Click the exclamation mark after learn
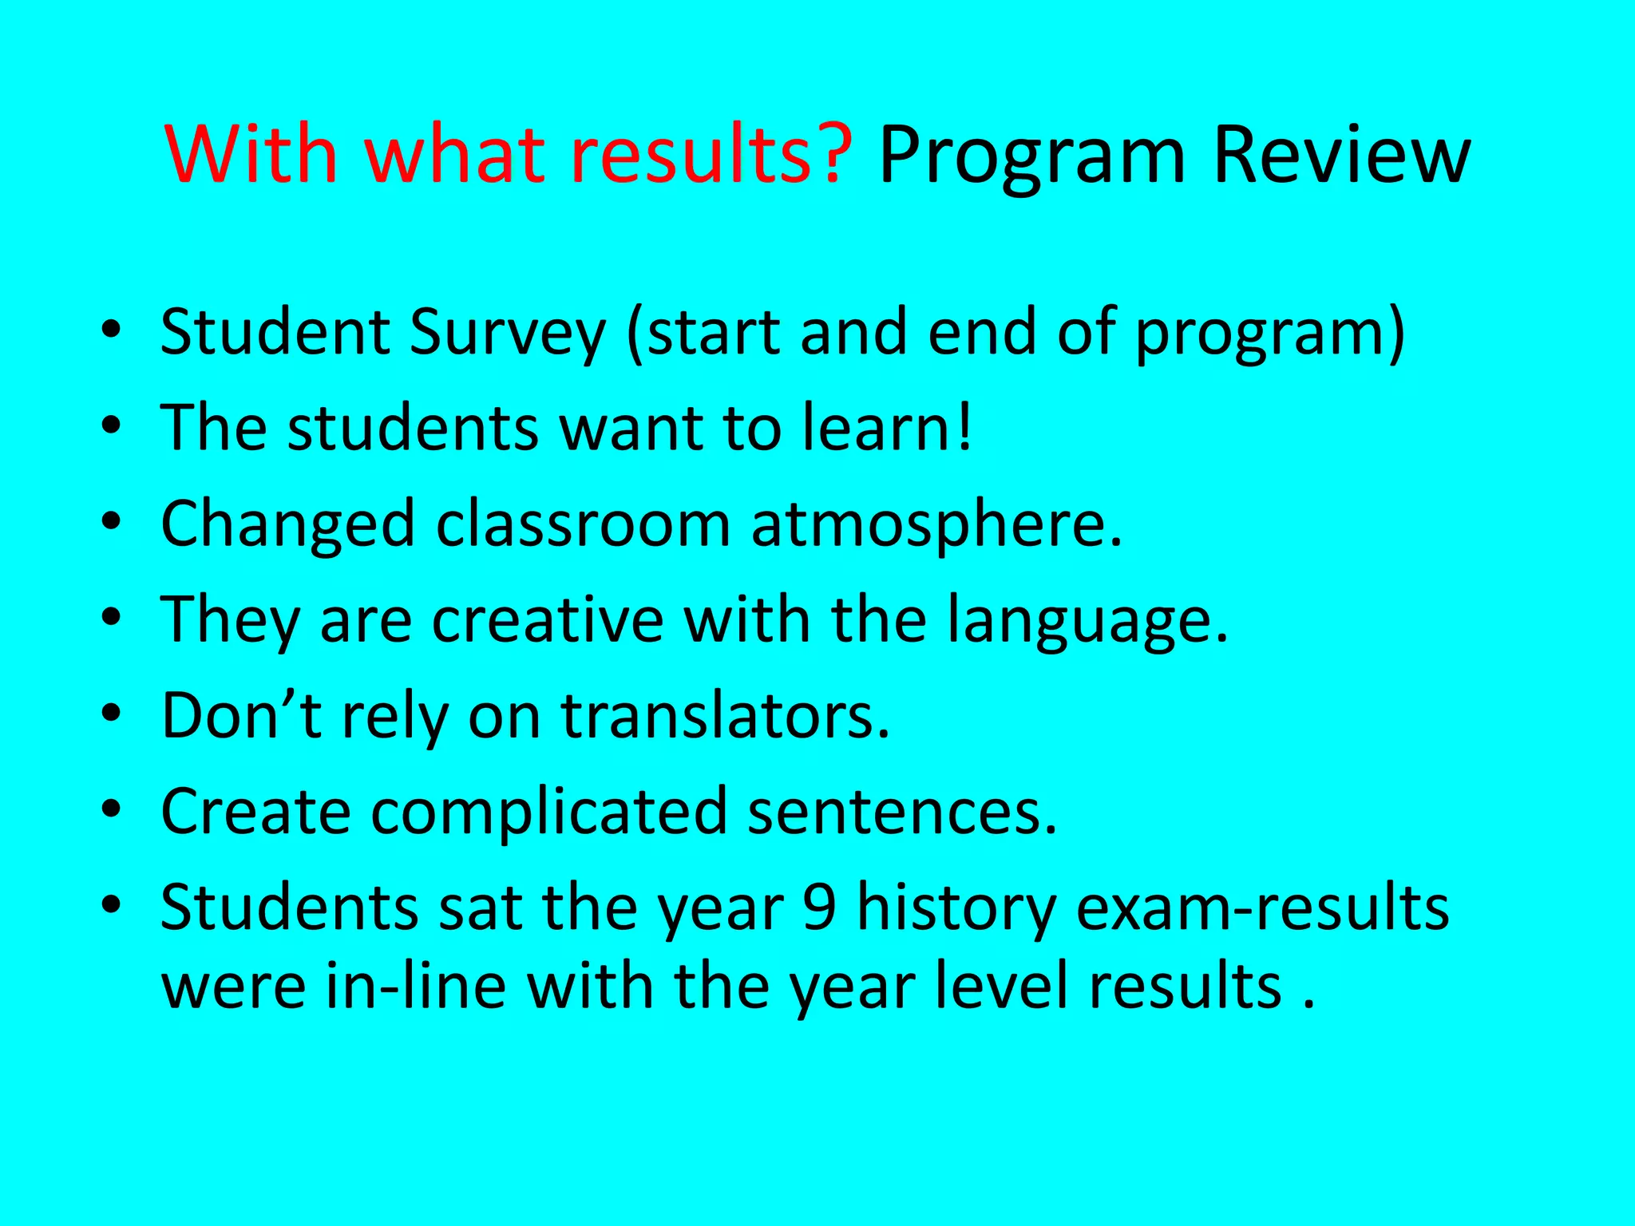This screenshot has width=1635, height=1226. (965, 426)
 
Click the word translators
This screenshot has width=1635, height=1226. (725, 715)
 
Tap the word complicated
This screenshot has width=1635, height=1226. (550, 813)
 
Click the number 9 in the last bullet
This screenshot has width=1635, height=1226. (820, 908)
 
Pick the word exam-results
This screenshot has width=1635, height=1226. (1262, 908)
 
